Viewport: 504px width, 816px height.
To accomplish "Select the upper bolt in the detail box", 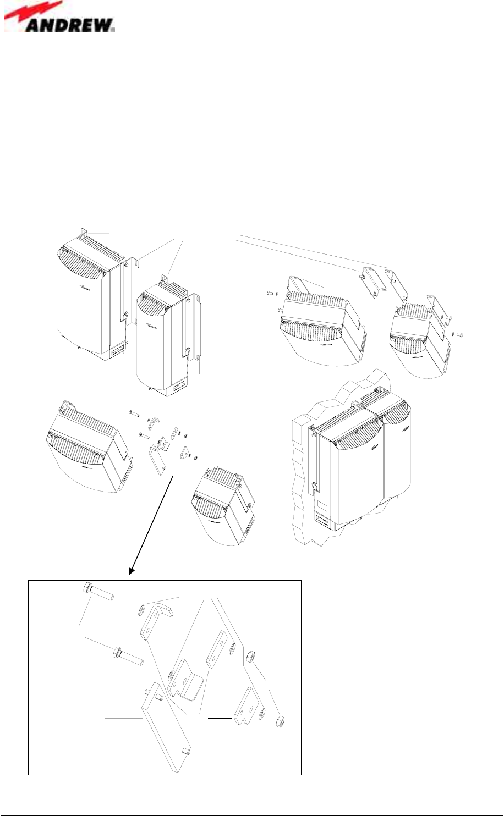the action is (98, 592).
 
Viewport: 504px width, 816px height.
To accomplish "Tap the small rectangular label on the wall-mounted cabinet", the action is (323, 504).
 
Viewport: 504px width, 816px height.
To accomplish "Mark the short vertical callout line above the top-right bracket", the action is (431, 288).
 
